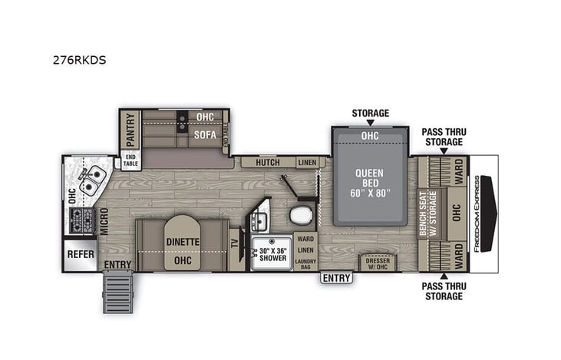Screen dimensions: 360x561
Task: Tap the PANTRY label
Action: click(130, 130)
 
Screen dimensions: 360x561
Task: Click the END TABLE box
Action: click(131, 160)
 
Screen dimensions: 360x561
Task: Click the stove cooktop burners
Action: click(81, 220)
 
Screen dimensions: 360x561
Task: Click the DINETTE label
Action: click(183, 242)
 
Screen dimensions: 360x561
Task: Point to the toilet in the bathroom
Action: click(302, 213)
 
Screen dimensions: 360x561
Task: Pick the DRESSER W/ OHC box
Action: click(378, 263)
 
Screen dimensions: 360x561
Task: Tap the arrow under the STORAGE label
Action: click(370, 123)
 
